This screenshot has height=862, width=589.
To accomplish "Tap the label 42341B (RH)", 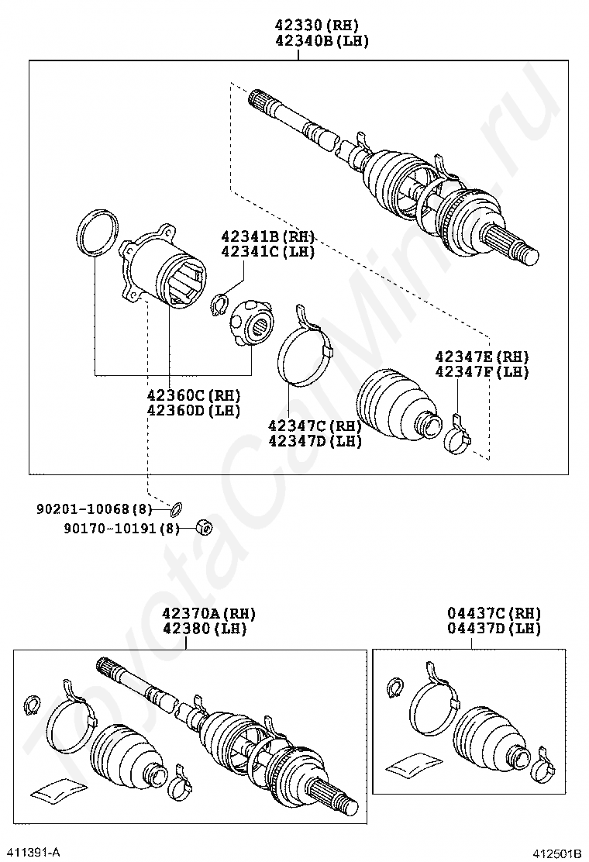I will (x=267, y=236).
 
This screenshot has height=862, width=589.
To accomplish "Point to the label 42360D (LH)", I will (x=193, y=411).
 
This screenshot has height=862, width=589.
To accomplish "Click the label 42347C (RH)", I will (x=315, y=426).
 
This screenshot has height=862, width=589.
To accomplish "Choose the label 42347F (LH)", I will (x=481, y=372).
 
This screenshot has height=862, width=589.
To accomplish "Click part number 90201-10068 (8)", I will (x=95, y=509).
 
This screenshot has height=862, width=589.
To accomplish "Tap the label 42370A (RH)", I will (x=208, y=613).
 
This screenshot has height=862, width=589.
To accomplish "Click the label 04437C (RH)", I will (x=494, y=613).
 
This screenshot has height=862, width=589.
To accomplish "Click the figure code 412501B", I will (x=556, y=853).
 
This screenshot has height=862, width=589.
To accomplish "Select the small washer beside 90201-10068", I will (x=177, y=509).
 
